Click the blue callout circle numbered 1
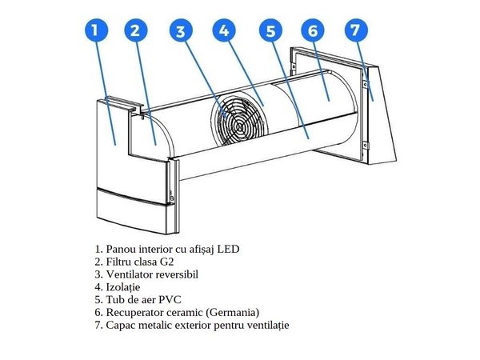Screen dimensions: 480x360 96,30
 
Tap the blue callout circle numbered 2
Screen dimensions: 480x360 136,30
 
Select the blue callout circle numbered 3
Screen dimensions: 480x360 181,31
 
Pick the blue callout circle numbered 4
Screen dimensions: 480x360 224,30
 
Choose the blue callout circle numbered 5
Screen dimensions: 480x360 271,31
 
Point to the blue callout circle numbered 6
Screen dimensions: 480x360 313,30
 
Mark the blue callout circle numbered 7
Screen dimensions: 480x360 356,30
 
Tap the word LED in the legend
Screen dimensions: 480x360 228,249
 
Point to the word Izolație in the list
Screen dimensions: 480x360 123,287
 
